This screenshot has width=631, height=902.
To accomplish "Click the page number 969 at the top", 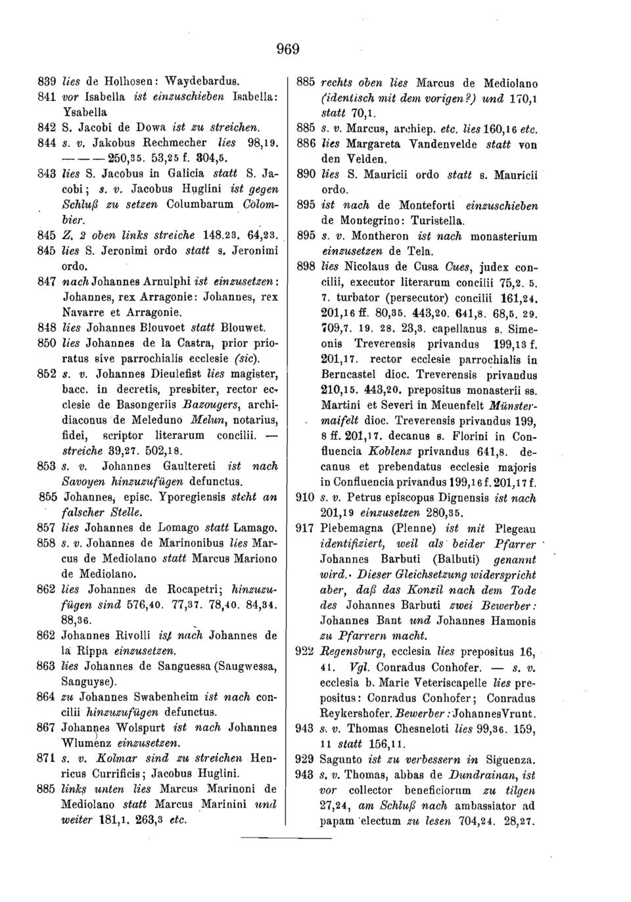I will [x=287, y=49].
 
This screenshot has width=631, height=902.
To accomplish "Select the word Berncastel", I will [x=354, y=374].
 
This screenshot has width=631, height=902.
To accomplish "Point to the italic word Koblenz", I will [x=375, y=453].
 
